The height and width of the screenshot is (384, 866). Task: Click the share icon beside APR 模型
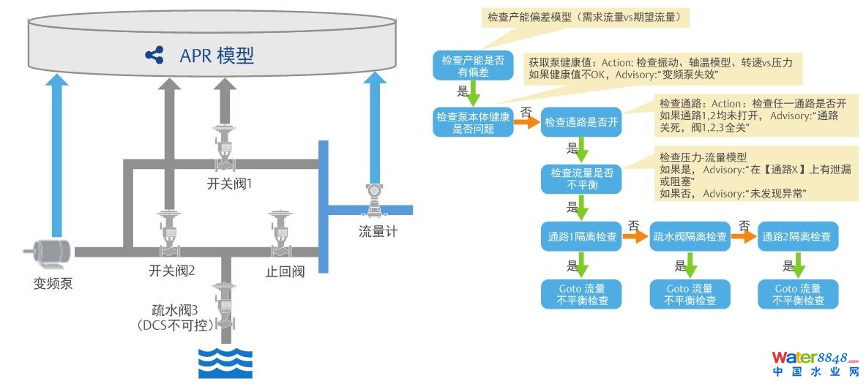point(154,55)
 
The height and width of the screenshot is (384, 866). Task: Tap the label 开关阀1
point(230,184)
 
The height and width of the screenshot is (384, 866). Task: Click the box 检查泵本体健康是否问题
point(472,122)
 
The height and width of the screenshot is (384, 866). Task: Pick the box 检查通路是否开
point(582,123)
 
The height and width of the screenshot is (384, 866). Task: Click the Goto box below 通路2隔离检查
point(796,294)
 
